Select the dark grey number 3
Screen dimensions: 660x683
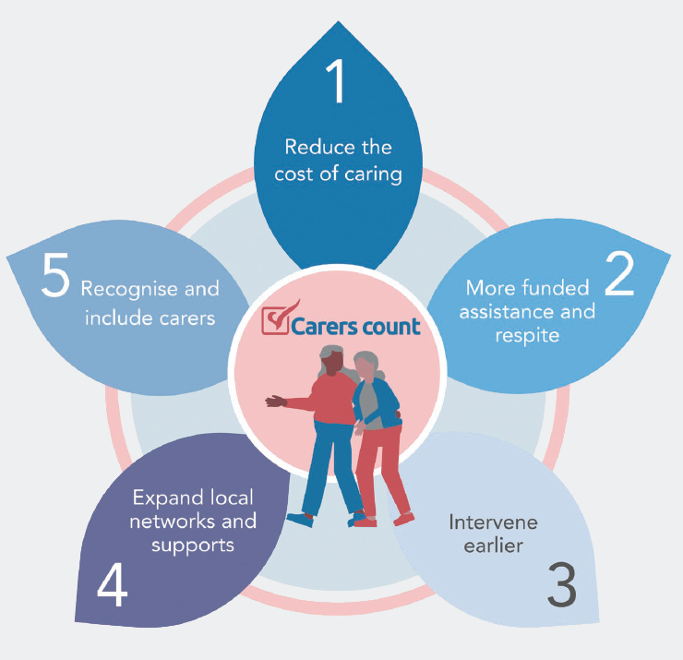[x=561, y=582]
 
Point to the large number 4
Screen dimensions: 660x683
[x=112, y=583]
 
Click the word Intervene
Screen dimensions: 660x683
[x=493, y=522]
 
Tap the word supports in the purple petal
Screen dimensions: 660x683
[x=195, y=546]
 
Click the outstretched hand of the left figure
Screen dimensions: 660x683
[x=274, y=402]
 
